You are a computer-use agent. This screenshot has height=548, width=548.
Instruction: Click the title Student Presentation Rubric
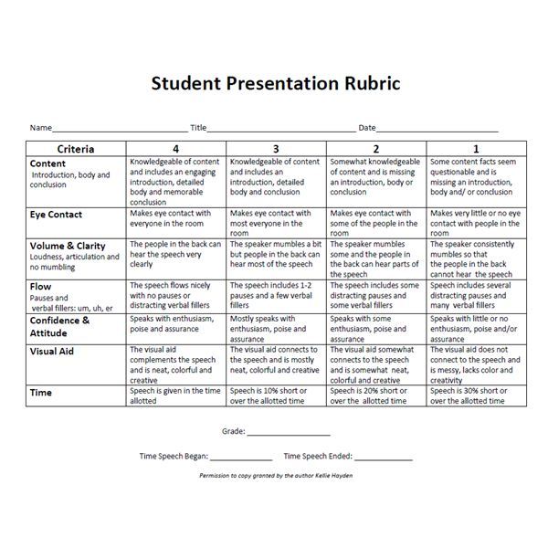click(275, 84)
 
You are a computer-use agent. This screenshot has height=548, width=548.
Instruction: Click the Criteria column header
click(76, 148)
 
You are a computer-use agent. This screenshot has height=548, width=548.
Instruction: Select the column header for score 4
click(175, 148)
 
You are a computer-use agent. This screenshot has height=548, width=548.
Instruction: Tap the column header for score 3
click(276, 148)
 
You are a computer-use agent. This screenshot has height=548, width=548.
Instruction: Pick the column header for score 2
click(375, 148)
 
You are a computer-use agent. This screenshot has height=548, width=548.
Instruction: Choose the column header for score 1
click(476, 148)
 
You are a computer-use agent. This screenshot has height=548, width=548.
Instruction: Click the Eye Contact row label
click(56, 215)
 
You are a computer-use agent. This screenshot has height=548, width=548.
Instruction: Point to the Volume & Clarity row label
click(68, 246)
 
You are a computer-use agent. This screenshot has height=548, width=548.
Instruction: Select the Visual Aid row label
click(52, 350)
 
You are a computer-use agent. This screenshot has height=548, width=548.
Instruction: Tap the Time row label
click(41, 393)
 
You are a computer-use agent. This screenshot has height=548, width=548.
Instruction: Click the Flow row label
click(41, 287)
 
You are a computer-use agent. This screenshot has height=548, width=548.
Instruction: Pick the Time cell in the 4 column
click(175, 395)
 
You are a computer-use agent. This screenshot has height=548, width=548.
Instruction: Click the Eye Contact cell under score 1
click(476, 222)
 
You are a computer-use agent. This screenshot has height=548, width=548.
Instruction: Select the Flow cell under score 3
click(276, 295)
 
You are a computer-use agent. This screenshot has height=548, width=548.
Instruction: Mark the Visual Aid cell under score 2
click(375, 364)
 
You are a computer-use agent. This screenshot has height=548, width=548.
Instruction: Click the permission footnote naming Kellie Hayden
click(275, 476)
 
